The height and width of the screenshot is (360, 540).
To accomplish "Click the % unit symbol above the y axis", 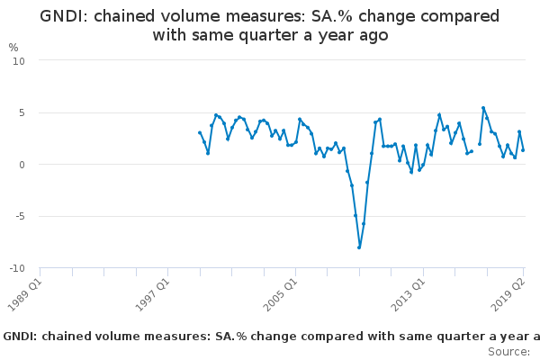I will click(x=13, y=47).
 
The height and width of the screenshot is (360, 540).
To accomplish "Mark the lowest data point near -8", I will click(x=359, y=247).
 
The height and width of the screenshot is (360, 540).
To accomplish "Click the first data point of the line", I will click(x=200, y=133).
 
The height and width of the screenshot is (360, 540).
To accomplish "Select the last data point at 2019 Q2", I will click(x=523, y=149).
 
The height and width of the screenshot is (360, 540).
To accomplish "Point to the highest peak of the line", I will click(x=483, y=108).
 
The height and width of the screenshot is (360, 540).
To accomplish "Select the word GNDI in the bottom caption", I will click(x=22, y=336).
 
